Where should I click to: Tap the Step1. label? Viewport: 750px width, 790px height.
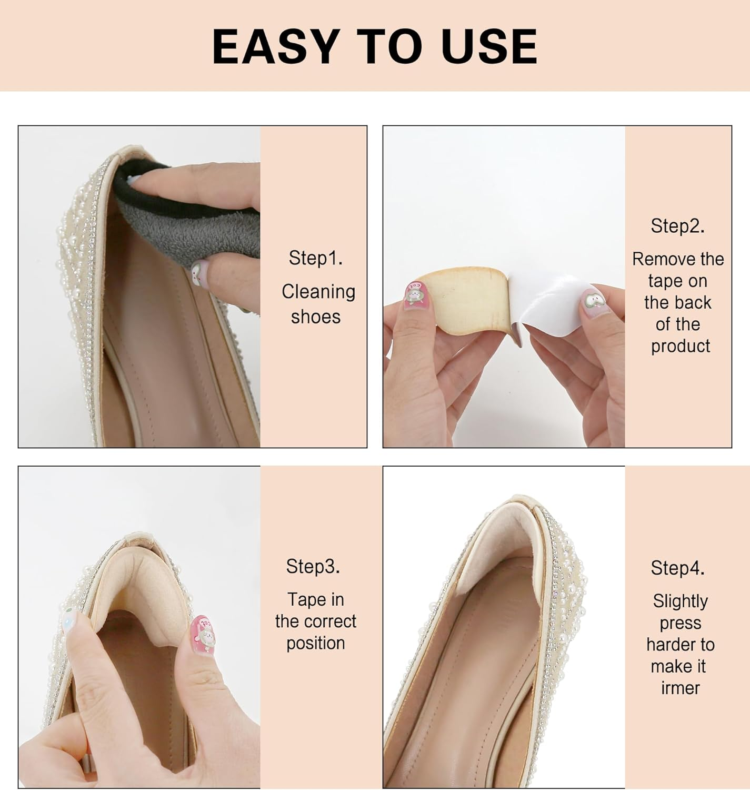tap(315, 258)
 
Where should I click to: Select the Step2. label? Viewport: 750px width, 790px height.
tap(677, 226)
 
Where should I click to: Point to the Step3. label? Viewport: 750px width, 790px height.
tap(313, 566)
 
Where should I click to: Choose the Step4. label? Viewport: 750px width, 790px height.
tap(677, 568)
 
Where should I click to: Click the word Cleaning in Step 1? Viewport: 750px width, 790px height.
tap(318, 292)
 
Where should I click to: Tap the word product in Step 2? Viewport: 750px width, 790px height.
tap(680, 346)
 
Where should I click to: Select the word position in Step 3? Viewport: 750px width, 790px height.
tap(315, 644)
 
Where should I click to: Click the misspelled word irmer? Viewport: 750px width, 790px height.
tap(680, 688)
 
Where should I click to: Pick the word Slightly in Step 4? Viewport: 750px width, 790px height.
tap(680, 601)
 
